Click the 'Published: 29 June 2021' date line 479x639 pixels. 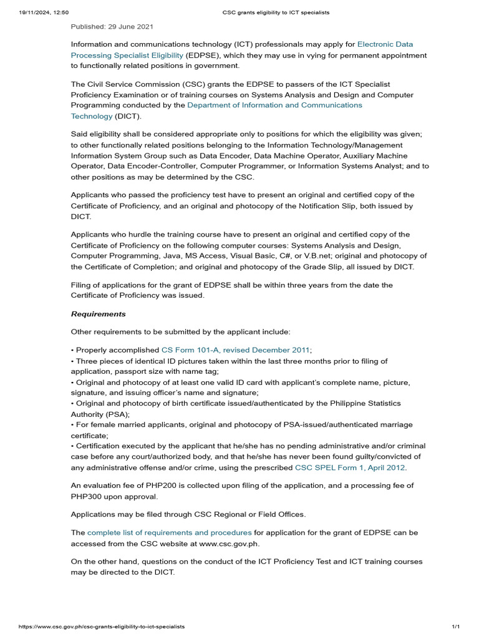click(112, 26)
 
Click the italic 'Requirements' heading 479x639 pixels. click(98, 314)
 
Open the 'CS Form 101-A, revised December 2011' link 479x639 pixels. click(235, 350)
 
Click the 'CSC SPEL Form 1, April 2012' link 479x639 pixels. click(351, 467)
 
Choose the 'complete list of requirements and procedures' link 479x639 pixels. click(170, 532)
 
